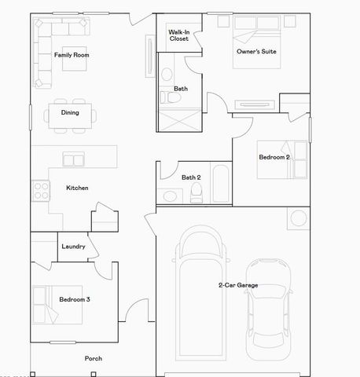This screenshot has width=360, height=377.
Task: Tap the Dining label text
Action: [x=70, y=112]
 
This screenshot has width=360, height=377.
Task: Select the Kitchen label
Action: [x=77, y=188]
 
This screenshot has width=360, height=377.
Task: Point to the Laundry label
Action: [x=73, y=247]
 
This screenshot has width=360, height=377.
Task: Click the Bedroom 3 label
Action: [x=75, y=299]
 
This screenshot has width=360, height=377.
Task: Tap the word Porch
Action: [x=94, y=358]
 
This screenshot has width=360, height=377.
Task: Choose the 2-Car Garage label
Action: [x=238, y=285]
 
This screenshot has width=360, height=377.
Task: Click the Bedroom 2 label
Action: [x=274, y=157]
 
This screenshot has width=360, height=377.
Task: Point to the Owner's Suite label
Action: [x=256, y=52]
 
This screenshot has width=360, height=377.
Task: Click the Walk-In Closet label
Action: [x=178, y=35]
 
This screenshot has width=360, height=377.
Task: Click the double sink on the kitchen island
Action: [x=75, y=160]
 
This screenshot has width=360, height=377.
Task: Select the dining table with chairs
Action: [x=71, y=113]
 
